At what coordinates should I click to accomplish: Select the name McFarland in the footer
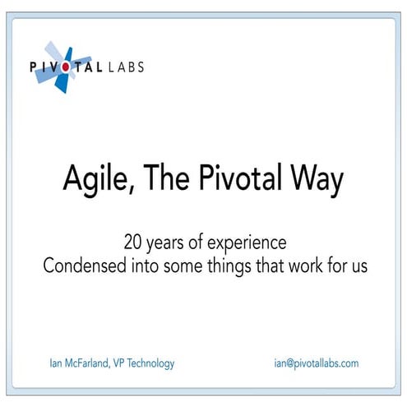[x=89, y=363]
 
